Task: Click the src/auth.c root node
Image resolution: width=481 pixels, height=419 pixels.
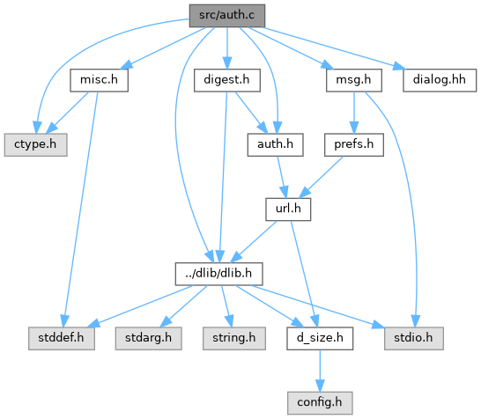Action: click(x=227, y=16)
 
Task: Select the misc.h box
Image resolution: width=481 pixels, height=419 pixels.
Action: click(x=99, y=80)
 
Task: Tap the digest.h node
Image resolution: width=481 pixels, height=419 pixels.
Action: click(x=227, y=80)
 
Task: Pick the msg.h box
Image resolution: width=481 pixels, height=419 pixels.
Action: click(x=354, y=80)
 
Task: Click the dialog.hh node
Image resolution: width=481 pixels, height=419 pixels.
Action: click(x=440, y=80)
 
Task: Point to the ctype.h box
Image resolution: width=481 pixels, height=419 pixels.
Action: click(x=35, y=144)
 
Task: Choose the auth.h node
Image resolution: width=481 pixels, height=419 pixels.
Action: click(x=276, y=144)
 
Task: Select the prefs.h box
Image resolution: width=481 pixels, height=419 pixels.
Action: click(x=354, y=144)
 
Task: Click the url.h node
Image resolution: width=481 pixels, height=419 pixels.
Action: click(x=288, y=209)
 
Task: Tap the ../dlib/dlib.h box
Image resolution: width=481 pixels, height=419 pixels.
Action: click(x=219, y=274)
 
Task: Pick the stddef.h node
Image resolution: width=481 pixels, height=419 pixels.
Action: click(x=62, y=338)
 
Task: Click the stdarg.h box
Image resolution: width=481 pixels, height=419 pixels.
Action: click(x=149, y=338)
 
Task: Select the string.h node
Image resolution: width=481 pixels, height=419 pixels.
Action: click(x=234, y=338)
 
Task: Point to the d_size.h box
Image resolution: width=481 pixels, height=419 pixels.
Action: click(x=320, y=338)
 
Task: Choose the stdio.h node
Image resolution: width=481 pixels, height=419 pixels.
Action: click(x=414, y=338)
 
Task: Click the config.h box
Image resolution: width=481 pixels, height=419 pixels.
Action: click(x=320, y=403)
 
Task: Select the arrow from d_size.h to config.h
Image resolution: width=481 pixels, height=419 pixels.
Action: click(x=320, y=371)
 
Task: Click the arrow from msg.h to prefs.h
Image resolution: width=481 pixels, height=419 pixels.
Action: click(x=354, y=113)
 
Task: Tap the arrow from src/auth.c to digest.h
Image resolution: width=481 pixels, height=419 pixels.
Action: click(x=227, y=48)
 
